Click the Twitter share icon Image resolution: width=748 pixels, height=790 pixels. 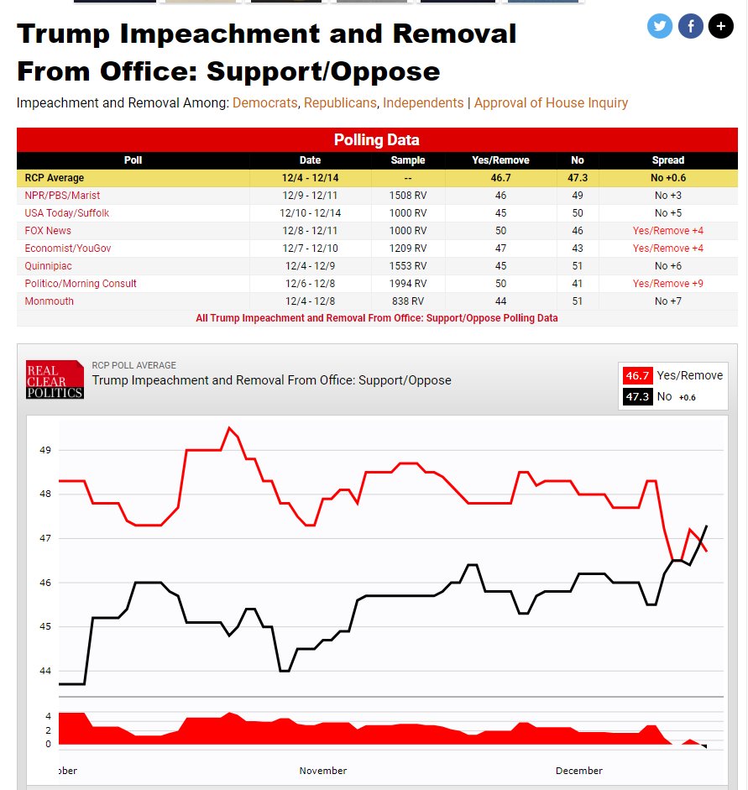(x=660, y=26)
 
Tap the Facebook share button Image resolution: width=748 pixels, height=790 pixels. (x=690, y=26)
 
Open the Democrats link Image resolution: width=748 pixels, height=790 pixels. (x=264, y=102)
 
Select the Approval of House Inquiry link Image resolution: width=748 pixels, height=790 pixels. (x=551, y=102)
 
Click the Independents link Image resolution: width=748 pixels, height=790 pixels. (x=423, y=102)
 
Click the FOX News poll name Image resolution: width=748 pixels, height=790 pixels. (x=48, y=231)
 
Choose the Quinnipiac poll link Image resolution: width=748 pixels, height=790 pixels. (x=48, y=266)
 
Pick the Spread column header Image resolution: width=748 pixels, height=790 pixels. (x=667, y=160)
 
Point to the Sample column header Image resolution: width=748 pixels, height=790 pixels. (x=408, y=160)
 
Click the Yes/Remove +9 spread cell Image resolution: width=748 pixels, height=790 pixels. (x=667, y=284)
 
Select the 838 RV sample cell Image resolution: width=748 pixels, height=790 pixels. (x=408, y=301)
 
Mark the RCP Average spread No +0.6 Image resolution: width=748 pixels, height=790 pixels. (x=667, y=178)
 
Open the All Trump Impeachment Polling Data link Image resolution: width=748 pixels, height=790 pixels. (x=376, y=318)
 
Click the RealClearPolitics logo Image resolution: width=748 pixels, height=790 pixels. (x=55, y=380)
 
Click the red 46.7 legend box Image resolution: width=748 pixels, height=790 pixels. (x=637, y=375)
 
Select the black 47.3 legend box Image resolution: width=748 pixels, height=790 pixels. (x=637, y=396)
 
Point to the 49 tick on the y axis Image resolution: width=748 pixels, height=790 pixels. (x=44, y=450)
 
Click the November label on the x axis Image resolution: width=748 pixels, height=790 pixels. (x=322, y=771)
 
